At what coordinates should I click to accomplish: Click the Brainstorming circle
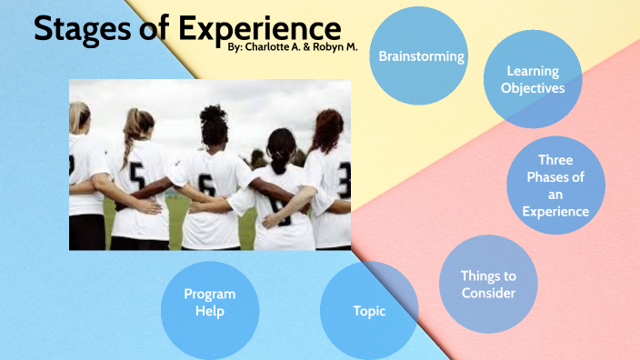click(421, 56)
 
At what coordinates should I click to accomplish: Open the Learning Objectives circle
click(533, 79)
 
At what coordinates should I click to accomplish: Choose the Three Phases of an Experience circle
click(555, 185)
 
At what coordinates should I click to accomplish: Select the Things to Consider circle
click(487, 284)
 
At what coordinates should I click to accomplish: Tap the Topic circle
click(369, 311)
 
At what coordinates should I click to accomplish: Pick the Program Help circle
click(210, 303)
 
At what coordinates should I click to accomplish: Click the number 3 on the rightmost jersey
click(344, 179)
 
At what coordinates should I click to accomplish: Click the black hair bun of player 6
click(213, 117)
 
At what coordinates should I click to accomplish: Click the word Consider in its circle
click(488, 293)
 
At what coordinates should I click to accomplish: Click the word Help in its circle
click(210, 311)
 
